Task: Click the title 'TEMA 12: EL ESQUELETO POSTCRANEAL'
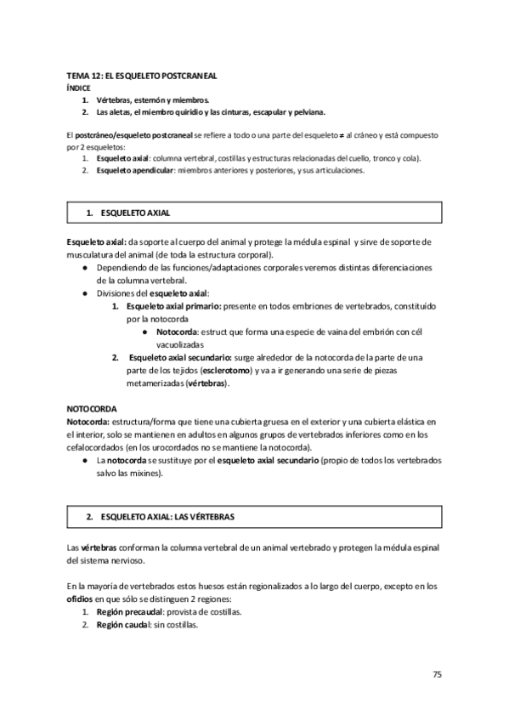[x=142, y=76]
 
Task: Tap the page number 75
[x=437, y=674]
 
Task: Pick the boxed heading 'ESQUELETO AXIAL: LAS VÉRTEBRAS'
[x=167, y=516]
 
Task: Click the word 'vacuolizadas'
[x=180, y=345]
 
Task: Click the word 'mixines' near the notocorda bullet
[x=146, y=473]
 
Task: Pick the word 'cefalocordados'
[x=95, y=448]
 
